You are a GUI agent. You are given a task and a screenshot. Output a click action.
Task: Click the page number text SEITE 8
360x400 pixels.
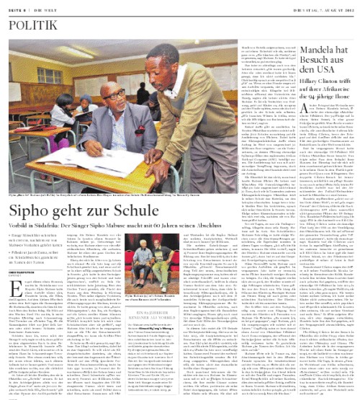(x=16, y=6)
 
